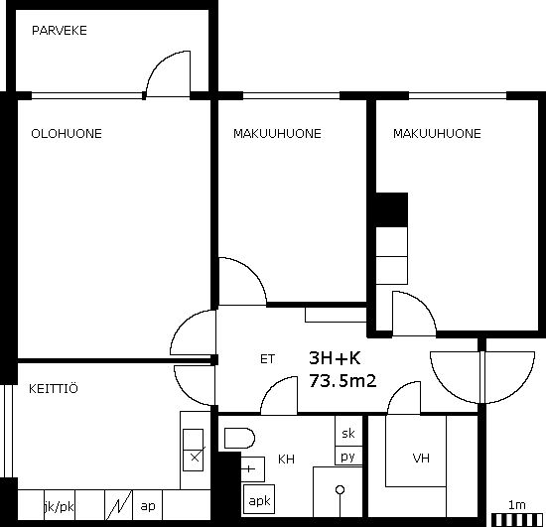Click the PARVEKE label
pos(60,31)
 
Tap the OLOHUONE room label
pos(67,134)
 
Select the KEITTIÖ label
pos(54,388)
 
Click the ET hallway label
pos(267,359)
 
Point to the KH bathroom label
pos(286,460)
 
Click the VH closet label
pos(421,459)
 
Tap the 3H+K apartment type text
pos(335,358)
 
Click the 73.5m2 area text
pos(342,381)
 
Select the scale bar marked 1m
pos(517,520)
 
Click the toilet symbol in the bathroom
pos(239,438)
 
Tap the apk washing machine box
pos(259,499)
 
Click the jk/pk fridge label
pos(60,507)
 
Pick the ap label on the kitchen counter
pos(148,506)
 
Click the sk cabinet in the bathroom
pos(348,432)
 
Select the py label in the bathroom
pos(347,457)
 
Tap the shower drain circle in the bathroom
pos(340,490)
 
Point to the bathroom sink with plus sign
pos(253,469)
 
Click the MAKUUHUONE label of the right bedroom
pos(437,134)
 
